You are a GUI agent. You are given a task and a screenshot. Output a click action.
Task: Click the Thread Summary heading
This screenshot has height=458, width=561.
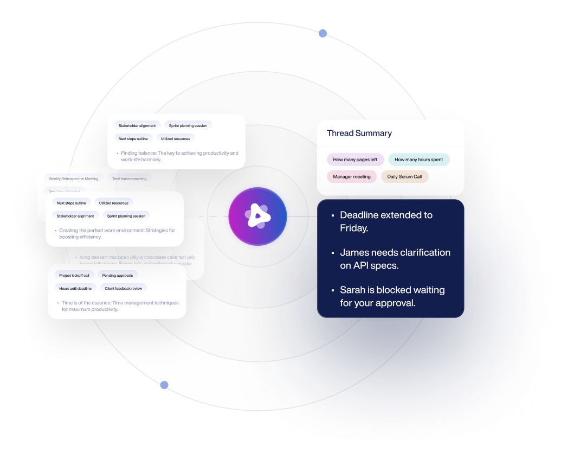click(359, 133)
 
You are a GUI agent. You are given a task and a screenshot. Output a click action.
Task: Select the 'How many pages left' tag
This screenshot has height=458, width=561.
click(355, 160)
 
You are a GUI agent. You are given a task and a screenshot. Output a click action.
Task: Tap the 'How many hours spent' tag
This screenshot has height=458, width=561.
click(418, 160)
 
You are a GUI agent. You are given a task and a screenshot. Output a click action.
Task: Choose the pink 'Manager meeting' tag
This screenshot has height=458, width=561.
click(352, 176)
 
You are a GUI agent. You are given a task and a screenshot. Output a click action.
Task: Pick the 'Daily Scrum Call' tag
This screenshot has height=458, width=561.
click(404, 176)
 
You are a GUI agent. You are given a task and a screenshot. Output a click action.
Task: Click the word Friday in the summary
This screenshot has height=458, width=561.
click(354, 228)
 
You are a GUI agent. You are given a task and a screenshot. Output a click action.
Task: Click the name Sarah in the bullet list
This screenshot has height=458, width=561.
click(353, 290)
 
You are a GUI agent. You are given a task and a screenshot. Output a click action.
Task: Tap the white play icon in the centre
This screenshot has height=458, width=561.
click(258, 217)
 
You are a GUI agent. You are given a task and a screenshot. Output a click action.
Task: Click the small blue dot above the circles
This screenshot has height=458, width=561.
click(323, 34)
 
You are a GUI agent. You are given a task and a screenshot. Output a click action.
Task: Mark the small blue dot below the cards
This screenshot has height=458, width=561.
click(164, 385)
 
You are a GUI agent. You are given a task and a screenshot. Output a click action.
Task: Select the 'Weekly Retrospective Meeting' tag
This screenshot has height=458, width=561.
click(73, 179)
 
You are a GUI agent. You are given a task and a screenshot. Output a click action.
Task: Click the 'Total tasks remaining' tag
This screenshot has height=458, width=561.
click(129, 179)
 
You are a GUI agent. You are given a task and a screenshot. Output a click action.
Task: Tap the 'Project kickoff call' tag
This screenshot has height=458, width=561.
click(74, 275)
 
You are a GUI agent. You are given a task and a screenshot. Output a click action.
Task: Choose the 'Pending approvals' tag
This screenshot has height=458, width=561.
click(118, 275)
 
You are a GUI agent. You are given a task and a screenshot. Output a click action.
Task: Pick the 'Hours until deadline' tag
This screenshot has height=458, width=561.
click(75, 288)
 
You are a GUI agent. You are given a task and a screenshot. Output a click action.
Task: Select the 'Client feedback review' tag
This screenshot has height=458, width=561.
click(124, 288)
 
